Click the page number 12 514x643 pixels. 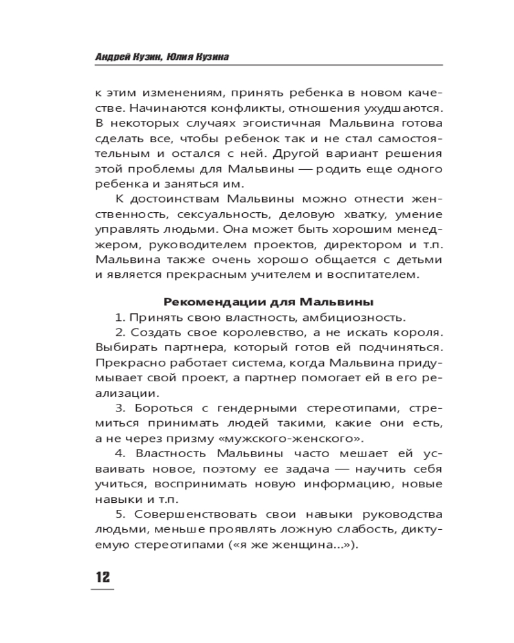click(103, 576)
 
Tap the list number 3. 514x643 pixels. click(119, 408)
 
